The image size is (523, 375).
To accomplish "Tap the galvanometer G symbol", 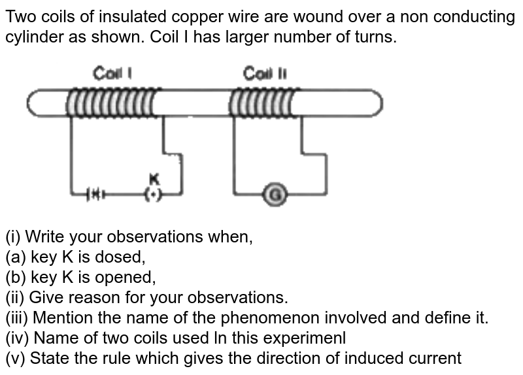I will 276,194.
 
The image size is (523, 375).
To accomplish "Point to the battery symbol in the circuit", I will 95,194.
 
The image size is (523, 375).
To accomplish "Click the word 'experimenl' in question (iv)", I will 308,338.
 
